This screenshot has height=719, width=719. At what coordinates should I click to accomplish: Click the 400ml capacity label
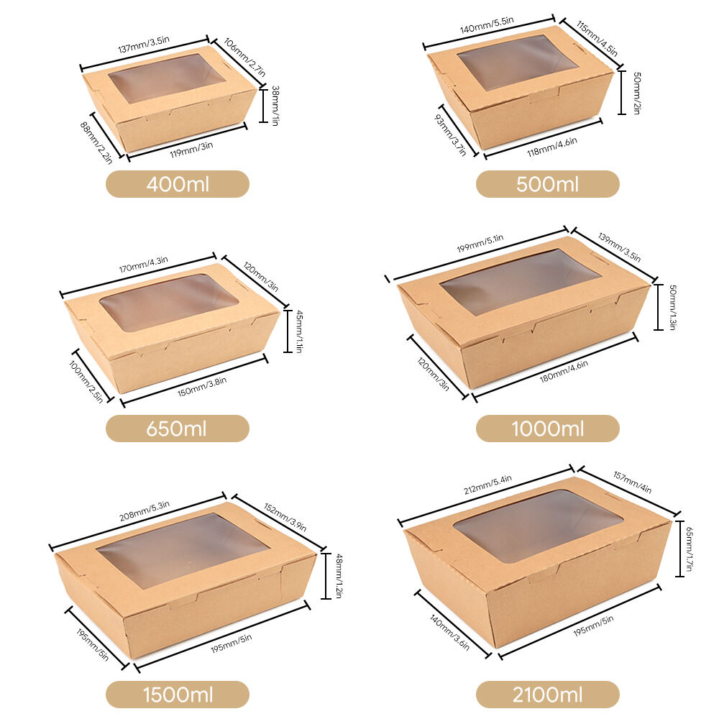[178, 184]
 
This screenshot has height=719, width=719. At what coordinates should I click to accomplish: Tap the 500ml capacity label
[547, 184]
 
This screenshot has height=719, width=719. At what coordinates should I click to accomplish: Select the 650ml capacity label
[177, 429]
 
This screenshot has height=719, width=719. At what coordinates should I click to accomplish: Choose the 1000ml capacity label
[547, 429]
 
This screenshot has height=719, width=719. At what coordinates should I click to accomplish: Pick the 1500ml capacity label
[177, 695]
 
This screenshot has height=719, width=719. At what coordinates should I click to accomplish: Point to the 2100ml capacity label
[547, 695]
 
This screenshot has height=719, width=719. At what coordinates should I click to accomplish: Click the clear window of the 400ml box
[167, 77]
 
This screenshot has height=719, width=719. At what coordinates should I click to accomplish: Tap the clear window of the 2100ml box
[537, 525]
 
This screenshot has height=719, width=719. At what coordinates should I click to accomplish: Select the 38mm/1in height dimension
[273, 105]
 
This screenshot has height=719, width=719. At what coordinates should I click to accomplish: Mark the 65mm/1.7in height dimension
[689, 549]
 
